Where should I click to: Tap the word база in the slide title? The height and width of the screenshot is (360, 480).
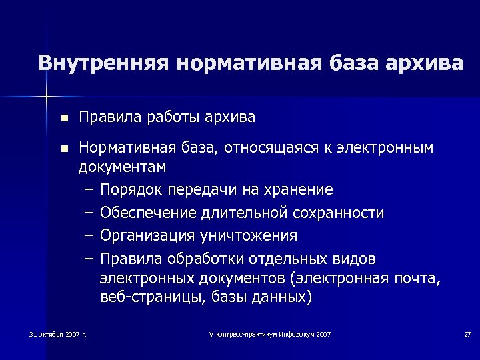[x=352, y=63]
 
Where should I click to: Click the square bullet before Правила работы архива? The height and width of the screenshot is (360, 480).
[x=63, y=119]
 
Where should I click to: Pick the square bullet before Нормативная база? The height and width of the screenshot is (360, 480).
[x=63, y=148]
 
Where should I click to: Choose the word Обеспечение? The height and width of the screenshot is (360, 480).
[x=147, y=213]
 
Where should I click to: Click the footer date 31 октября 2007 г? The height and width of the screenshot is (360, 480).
[x=58, y=333]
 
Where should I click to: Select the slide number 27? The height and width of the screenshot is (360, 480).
[x=467, y=333]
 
